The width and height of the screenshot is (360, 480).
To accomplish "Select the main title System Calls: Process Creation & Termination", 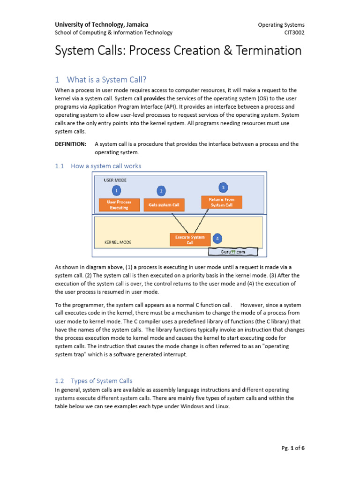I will (178, 51).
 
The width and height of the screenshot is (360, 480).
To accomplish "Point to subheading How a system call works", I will (105, 166).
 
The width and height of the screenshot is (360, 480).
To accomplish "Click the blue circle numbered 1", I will (117, 190).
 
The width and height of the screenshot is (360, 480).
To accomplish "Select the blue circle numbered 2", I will (161, 191).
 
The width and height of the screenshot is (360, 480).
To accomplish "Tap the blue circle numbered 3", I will (223, 187).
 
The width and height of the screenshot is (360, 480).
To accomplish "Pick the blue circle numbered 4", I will (217, 238).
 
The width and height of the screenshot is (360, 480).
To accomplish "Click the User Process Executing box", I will (119, 205).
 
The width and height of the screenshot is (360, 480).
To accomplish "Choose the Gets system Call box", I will (164, 205).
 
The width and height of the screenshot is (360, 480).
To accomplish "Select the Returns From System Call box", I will (222, 202).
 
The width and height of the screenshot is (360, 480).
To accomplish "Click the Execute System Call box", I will (190, 240).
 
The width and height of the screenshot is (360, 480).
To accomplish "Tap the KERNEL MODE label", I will (118, 242).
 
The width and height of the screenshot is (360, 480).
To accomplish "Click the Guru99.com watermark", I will (233, 252).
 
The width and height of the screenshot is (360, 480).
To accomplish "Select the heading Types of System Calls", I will (101, 381).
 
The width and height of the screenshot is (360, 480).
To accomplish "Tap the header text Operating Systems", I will (281, 24).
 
